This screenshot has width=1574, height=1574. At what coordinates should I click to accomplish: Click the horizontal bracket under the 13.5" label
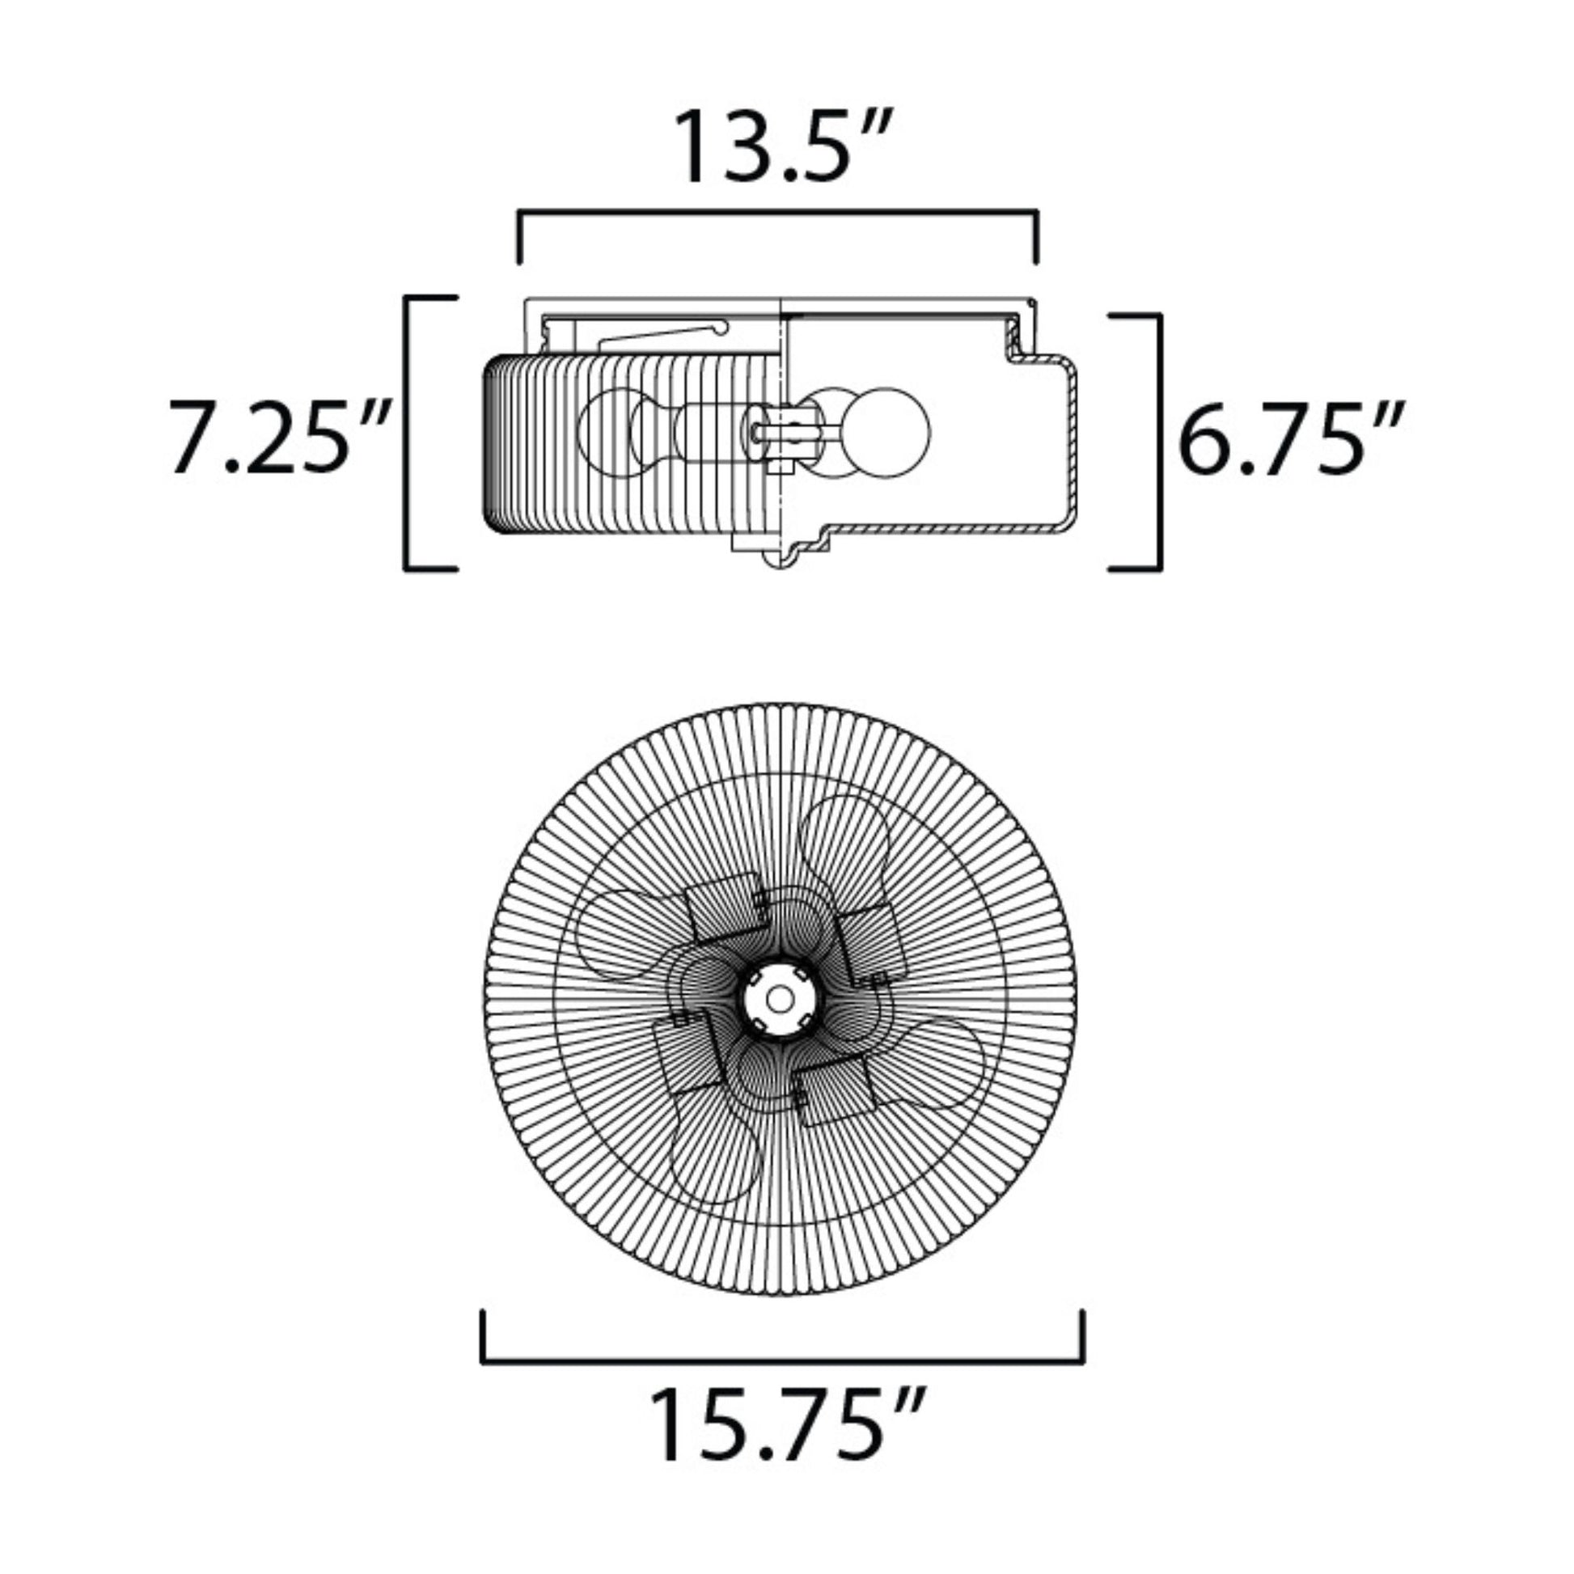point(777,214)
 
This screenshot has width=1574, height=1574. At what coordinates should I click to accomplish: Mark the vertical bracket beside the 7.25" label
point(408,434)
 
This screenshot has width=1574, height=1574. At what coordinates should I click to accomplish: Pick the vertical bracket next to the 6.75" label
point(1157,442)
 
